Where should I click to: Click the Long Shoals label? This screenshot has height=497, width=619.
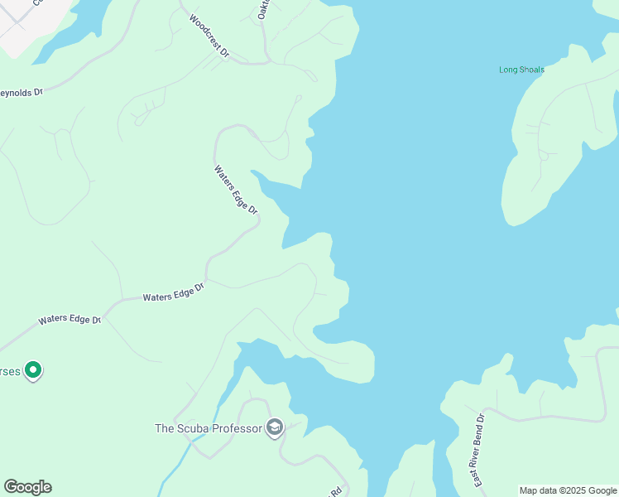[x=521, y=70]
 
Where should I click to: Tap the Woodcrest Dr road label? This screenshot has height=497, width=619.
[x=209, y=36]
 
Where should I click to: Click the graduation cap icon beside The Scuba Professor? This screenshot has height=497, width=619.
[x=275, y=427]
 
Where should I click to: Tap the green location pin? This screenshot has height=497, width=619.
[x=33, y=369]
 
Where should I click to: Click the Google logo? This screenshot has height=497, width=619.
[x=28, y=487]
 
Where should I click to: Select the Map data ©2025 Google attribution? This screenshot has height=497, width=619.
[x=568, y=490]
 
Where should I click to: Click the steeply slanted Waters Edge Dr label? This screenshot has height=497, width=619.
[x=237, y=190]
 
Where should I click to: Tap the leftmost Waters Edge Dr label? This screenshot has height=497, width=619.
[x=70, y=319]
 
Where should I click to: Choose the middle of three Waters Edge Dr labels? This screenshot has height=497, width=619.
[x=173, y=292]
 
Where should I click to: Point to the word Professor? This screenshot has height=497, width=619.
[x=238, y=428]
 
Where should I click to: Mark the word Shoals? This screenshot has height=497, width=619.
[x=531, y=70]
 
